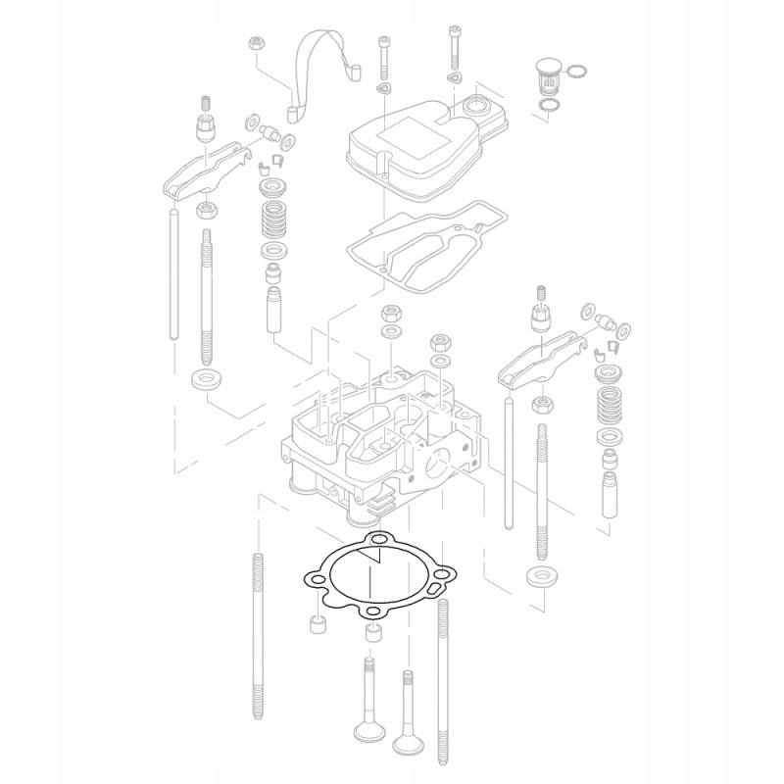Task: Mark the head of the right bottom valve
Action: [x=408, y=743]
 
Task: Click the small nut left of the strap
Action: [x=256, y=43]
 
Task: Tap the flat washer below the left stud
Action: [x=204, y=379]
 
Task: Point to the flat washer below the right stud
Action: [x=539, y=575]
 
